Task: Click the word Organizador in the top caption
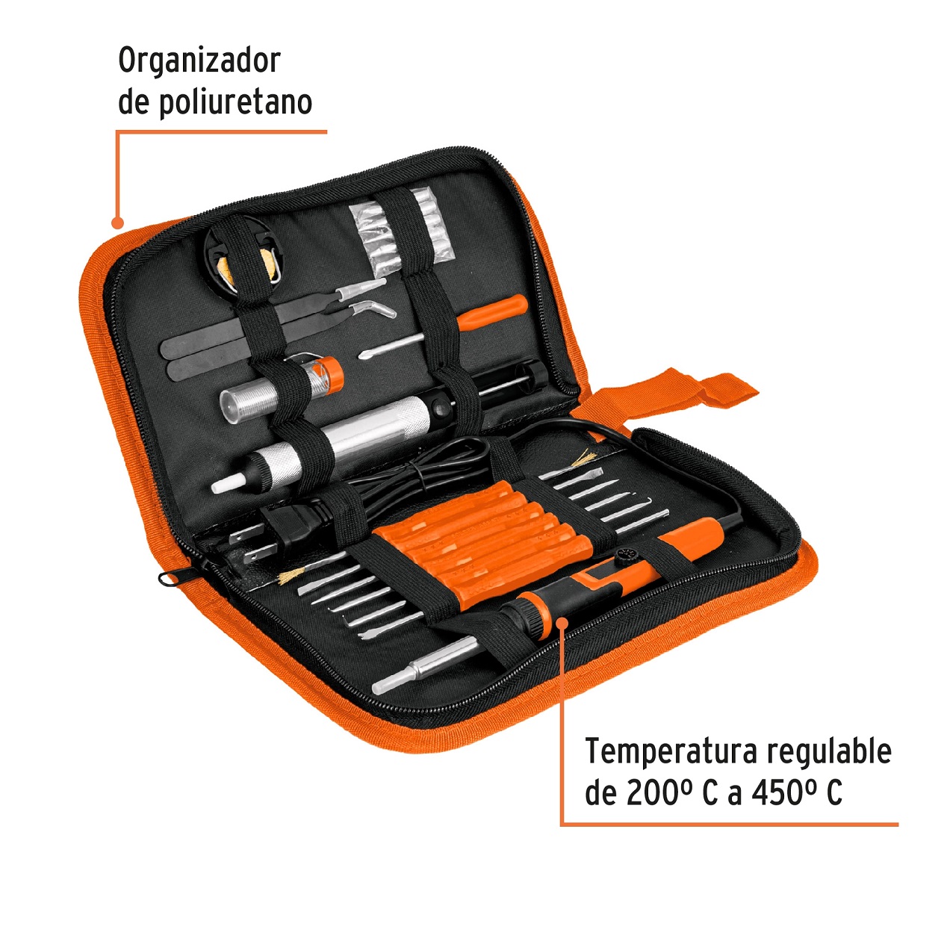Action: pos(199,61)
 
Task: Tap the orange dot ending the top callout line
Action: pos(117,222)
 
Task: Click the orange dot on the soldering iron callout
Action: pos(562,619)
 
